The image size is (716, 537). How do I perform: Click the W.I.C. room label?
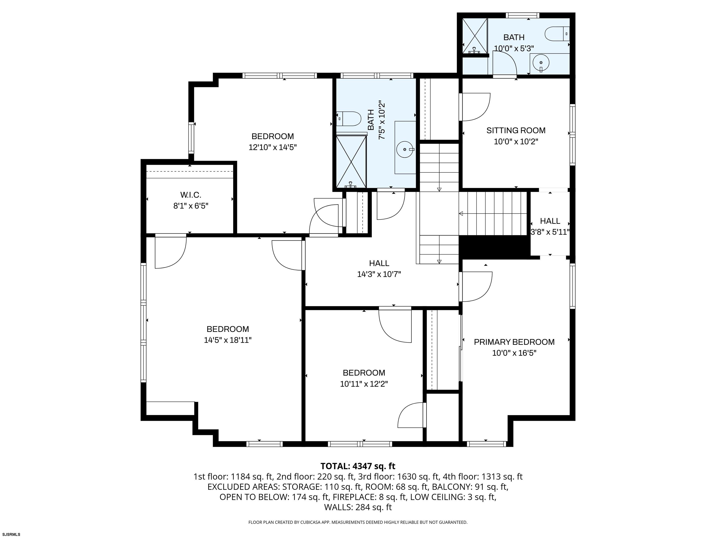(191, 195)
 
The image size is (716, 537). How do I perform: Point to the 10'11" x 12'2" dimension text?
(364, 384)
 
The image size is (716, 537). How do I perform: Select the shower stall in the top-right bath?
(475, 36)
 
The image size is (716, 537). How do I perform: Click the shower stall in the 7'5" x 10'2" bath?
(351, 162)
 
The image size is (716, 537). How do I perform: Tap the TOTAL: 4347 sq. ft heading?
(358, 466)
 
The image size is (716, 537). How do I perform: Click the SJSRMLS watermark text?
(11, 534)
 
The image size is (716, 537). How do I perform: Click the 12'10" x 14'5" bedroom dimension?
(272, 147)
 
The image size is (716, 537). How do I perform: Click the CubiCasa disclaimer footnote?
(358, 522)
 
